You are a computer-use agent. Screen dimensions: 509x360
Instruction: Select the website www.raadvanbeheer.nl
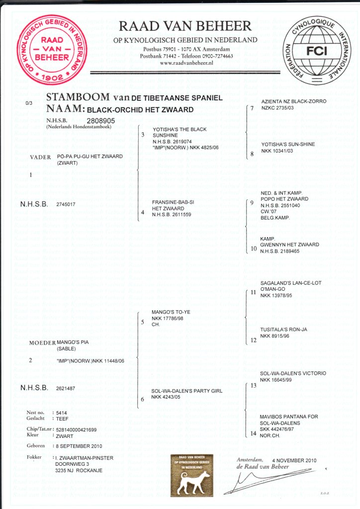tap(186, 63)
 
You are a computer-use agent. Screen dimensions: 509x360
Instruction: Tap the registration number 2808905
tap(101, 120)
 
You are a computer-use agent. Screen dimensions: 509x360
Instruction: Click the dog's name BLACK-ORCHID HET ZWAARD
tap(140, 109)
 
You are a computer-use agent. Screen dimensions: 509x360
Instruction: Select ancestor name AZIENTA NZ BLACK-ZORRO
tap(294, 101)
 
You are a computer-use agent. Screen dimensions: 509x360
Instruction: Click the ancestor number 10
tap(254, 249)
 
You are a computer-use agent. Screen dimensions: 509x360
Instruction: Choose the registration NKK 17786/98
tap(168, 319)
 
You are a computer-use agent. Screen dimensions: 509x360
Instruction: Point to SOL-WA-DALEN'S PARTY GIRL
tap(187, 391)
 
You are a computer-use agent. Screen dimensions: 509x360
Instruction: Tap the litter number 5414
tap(62, 413)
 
